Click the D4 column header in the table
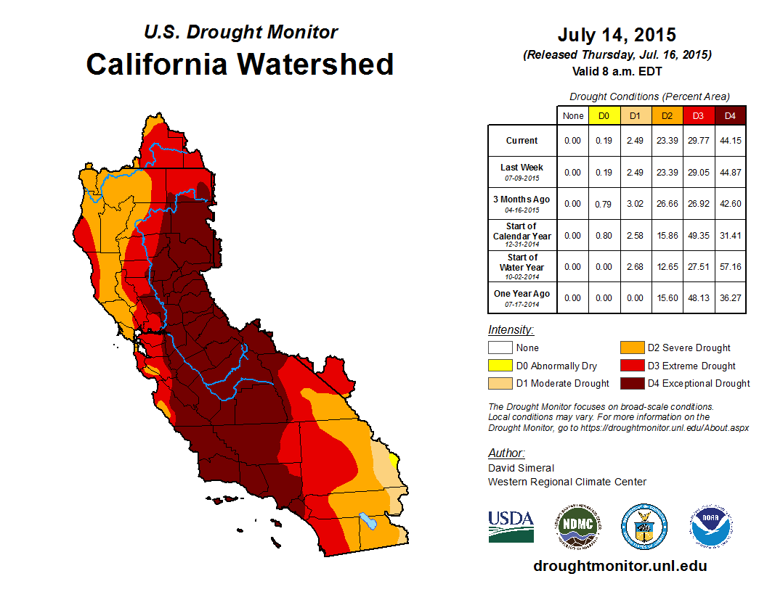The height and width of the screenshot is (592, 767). (730, 116)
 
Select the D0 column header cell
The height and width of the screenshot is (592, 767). (604, 116)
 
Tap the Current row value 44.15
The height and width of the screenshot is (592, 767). (730, 141)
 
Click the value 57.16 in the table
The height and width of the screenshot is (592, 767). (730, 267)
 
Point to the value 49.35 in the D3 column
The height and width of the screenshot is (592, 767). (699, 235)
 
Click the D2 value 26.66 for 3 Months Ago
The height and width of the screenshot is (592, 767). (667, 204)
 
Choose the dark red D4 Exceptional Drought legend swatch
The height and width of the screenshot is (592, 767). (632, 383)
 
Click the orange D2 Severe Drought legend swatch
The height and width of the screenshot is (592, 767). (632, 348)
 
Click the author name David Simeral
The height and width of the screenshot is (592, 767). (521, 468)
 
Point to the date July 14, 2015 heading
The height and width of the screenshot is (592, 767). (617, 34)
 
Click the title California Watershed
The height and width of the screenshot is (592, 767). (240, 64)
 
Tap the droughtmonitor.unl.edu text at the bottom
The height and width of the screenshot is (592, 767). (620, 566)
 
